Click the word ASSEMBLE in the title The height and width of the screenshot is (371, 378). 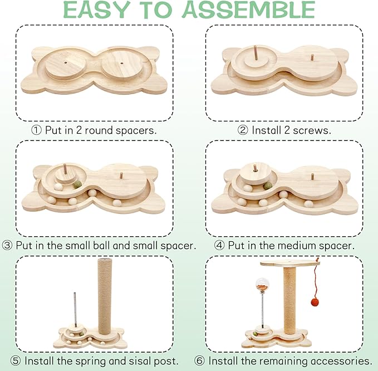[248, 9]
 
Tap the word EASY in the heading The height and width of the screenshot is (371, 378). [97, 9]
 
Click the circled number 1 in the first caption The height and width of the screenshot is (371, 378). [36, 130]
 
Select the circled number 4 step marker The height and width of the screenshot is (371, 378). [219, 246]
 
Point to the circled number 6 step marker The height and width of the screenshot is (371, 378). [199, 361]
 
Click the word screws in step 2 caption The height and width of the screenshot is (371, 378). [312, 130]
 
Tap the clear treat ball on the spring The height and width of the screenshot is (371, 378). [263, 285]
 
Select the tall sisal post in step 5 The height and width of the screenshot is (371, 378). [105, 296]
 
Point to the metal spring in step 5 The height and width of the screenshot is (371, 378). [76, 310]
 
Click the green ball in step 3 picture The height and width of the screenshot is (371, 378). [77, 186]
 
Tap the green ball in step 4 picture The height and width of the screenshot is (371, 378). [267, 186]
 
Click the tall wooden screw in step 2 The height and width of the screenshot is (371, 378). [256, 53]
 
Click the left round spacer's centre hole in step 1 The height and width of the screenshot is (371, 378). [66, 62]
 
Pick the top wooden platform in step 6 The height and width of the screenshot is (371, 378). [290, 263]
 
